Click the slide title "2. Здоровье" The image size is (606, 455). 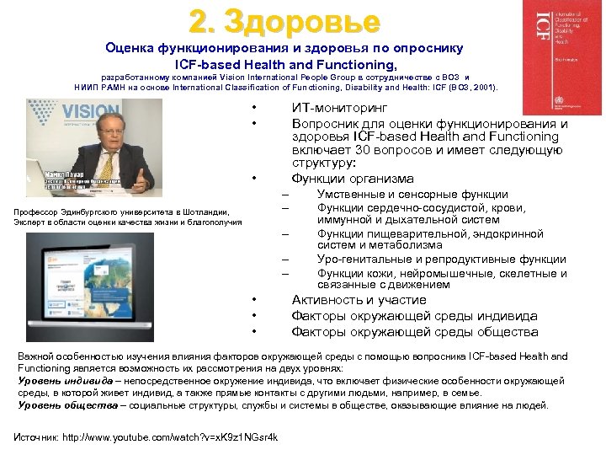click(284, 20)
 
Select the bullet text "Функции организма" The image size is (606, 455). click(352, 179)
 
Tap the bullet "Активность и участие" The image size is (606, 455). click(359, 300)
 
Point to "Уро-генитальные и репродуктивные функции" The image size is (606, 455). click(441, 260)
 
